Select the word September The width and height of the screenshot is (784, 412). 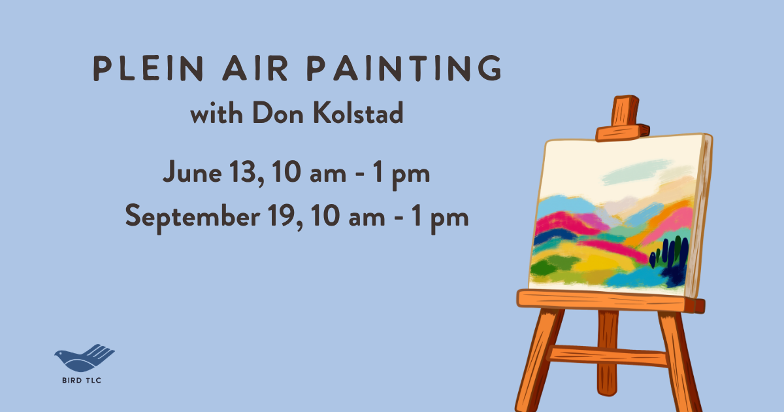coord(193,216)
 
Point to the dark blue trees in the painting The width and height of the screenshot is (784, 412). coord(670,258)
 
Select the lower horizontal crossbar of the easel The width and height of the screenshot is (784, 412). coord(608,356)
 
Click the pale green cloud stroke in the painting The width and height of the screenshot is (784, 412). coord(644,171)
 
